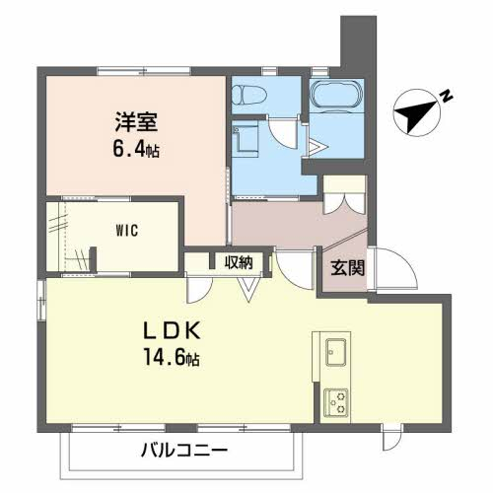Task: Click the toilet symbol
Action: coord(249,95)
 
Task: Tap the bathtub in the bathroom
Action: coord(336,95)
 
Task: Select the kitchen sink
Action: coord(335,352)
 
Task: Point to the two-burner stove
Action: coord(336,403)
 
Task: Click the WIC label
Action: coord(127,231)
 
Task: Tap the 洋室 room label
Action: coord(136,122)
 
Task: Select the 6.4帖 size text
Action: coord(136,150)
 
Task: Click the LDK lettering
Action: coord(172,330)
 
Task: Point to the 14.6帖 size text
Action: coord(172,358)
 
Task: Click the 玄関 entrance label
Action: coord(347,267)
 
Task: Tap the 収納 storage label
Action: coord(239,262)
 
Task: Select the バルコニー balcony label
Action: coord(184,450)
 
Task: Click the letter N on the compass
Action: coord(447,96)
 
